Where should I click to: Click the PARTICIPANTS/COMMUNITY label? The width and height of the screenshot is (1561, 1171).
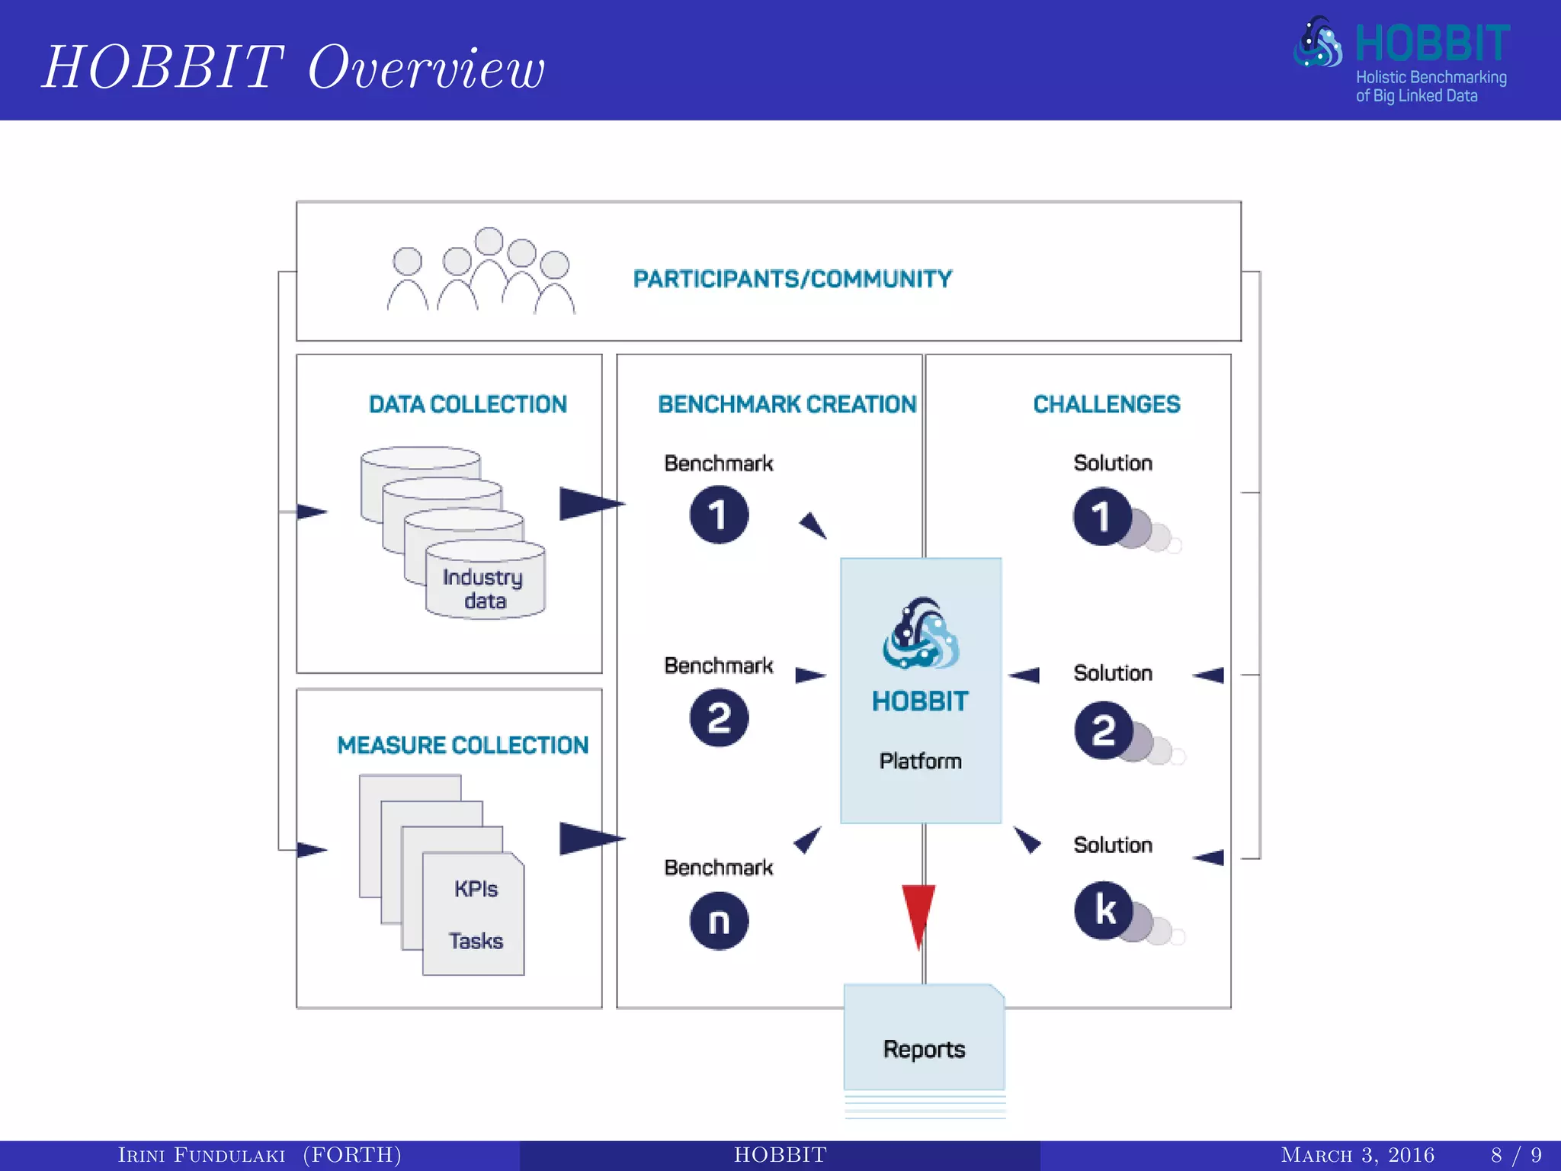point(792,279)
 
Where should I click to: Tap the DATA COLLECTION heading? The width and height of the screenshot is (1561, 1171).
point(467,404)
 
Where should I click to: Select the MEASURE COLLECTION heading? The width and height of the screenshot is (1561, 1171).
point(463,745)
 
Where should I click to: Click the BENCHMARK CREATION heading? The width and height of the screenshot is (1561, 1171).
point(787,404)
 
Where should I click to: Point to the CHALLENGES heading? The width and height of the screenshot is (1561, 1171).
point(1106,404)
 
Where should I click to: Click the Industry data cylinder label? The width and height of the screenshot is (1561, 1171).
point(483,589)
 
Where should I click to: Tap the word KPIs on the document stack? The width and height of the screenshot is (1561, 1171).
point(476,889)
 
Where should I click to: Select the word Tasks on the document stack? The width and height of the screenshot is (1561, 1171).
point(476,941)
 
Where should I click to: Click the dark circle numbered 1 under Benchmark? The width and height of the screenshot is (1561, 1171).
point(719,515)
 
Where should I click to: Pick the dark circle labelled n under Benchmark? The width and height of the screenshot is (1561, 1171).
point(719,921)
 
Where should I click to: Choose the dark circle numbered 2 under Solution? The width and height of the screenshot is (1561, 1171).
point(1103,730)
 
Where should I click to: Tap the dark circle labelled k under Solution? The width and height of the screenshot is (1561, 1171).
point(1103,910)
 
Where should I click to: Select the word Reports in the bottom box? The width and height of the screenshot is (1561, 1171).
point(924,1049)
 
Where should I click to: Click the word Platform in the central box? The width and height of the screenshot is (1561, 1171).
point(920,761)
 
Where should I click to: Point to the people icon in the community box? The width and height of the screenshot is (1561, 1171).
point(480,273)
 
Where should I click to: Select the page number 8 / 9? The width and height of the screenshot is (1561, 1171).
point(1515,1155)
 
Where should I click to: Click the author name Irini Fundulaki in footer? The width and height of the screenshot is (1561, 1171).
point(201,1155)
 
